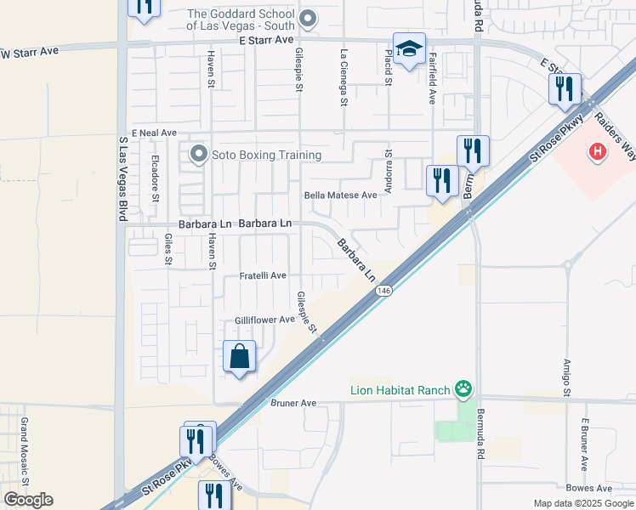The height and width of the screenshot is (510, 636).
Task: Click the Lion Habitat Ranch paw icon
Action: pos(463,390)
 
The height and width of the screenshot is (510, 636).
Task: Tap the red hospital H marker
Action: pos(599,152)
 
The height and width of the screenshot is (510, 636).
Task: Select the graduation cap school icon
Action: pos(409,48)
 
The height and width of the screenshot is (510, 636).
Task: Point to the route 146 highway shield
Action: pos(384,291)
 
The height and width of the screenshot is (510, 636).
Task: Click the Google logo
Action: pos(28,499)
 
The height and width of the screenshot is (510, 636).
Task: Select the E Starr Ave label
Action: pos(266,40)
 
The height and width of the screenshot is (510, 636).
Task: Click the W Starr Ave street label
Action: pos(30,52)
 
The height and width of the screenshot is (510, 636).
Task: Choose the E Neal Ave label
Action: pos(152,133)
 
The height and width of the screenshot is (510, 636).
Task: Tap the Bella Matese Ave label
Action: pos(340,195)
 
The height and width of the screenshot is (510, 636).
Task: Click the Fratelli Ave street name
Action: pos(263,276)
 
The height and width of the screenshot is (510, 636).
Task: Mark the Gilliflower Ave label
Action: pos(264,320)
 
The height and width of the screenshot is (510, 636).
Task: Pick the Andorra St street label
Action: pos(388,173)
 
